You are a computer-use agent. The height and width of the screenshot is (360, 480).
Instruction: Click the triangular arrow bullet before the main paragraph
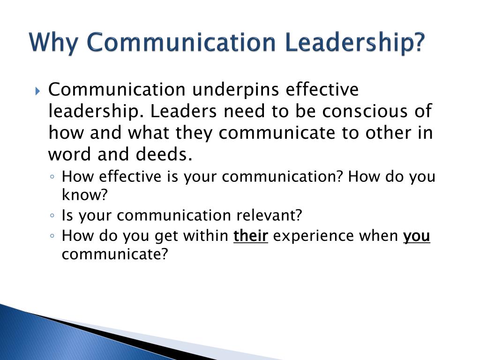point(37,91)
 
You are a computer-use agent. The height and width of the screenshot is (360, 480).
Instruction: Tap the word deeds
point(164,154)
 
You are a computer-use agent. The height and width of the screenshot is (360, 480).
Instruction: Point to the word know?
point(85,195)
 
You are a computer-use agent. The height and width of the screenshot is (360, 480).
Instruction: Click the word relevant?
point(270,215)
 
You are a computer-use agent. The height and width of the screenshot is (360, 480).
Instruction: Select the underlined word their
point(251,236)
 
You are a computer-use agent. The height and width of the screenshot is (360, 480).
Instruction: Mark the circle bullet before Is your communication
point(52,216)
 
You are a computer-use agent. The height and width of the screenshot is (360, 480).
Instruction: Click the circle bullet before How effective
point(52,177)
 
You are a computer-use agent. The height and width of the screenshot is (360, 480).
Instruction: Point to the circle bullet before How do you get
point(52,236)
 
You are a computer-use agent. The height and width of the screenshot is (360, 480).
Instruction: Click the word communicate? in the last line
point(115,254)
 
